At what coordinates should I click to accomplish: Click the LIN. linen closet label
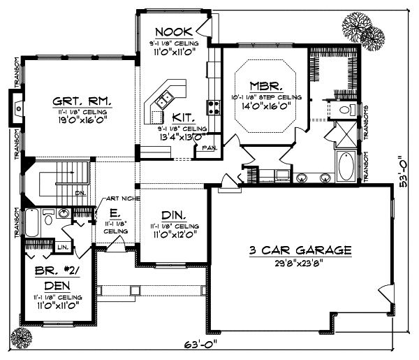[61, 246]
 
